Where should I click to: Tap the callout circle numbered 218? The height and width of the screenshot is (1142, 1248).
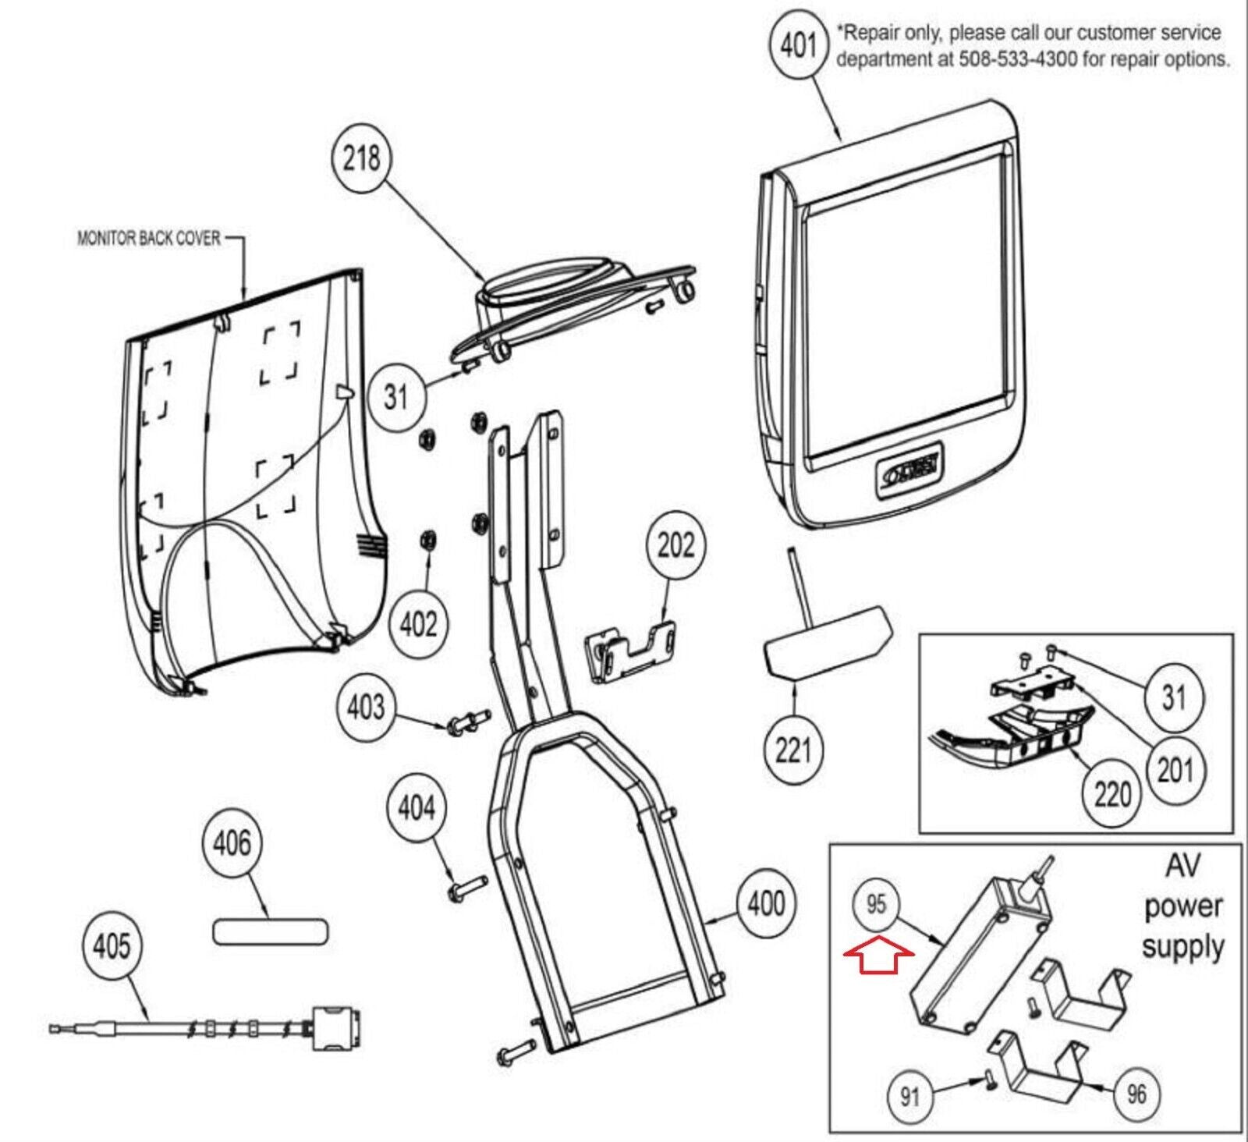(361, 158)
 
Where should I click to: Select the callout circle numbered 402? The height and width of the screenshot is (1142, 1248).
(418, 624)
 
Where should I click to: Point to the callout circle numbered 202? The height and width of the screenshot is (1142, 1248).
(675, 544)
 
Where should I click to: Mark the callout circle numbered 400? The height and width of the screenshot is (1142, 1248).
(766, 903)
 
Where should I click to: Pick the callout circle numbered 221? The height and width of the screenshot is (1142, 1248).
(793, 750)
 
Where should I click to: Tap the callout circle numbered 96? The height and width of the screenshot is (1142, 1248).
(1136, 1094)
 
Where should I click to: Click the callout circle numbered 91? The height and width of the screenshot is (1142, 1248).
(909, 1097)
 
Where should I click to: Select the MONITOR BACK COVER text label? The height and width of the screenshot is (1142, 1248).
(148, 238)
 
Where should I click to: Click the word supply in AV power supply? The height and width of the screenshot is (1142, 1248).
(1182, 948)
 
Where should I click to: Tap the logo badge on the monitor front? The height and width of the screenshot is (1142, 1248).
(909, 471)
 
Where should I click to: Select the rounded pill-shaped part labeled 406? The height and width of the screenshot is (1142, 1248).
(270, 931)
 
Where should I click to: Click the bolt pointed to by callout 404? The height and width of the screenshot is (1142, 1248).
(466, 887)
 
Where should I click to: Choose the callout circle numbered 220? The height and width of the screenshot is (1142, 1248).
(1111, 794)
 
